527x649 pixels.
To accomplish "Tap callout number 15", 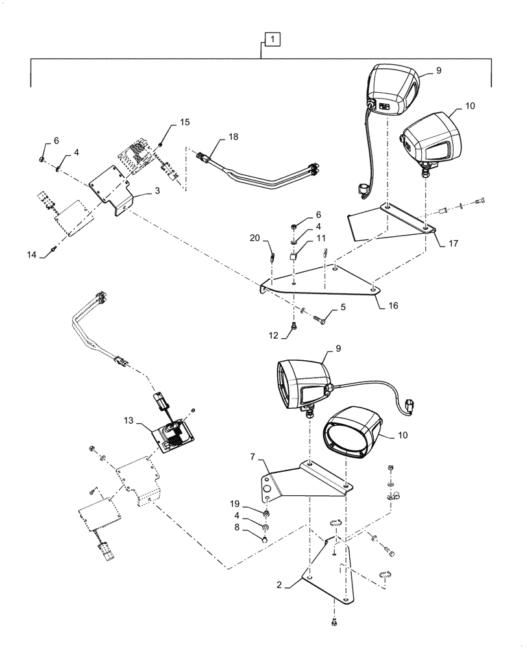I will pos(185,123).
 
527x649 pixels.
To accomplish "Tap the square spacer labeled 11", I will pos(293,256).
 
